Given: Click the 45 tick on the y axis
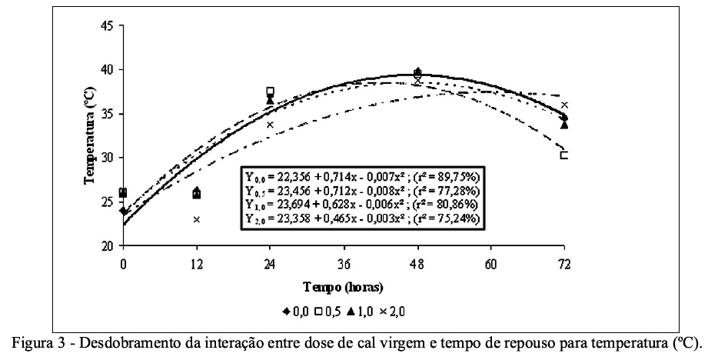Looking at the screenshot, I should click(x=107, y=25).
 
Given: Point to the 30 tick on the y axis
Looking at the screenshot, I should click(x=107, y=158).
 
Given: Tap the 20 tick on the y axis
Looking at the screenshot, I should click(x=107, y=245).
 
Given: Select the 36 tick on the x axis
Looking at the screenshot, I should click(x=344, y=264).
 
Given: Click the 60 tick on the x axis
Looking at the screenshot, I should click(x=491, y=264).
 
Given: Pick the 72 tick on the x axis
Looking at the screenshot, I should click(x=564, y=264).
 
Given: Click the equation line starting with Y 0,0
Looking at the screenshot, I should click(x=362, y=176).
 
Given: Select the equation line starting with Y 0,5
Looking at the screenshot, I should click(x=362, y=190).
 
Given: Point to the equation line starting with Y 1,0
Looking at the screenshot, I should click(x=362, y=204).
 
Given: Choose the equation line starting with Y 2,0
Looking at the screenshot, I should click(x=362, y=218).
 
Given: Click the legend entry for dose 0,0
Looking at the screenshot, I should click(x=294, y=312).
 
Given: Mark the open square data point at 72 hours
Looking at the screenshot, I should click(x=564, y=155).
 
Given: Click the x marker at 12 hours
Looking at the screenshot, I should click(x=197, y=219).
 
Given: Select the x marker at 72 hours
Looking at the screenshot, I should click(x=564, y=105).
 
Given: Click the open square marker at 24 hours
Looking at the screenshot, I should click(x=270, y=92).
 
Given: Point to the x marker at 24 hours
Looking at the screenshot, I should click(x=270, y=124).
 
